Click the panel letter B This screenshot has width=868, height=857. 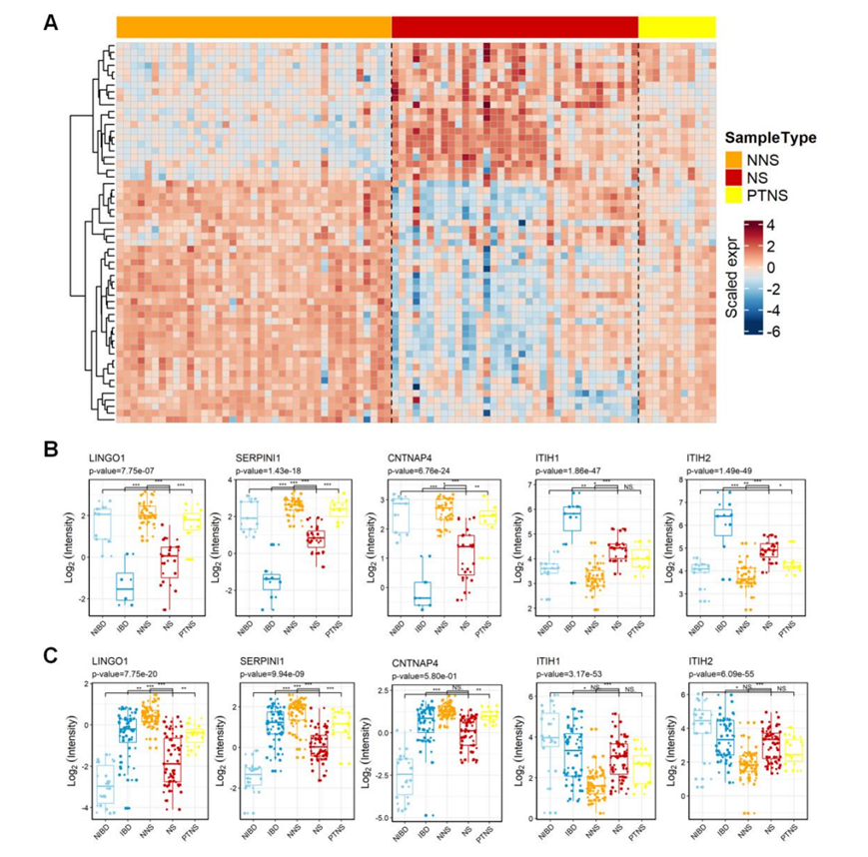50,450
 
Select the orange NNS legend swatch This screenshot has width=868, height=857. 736,161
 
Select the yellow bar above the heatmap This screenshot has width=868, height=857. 677,27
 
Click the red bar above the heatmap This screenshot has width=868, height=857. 514,27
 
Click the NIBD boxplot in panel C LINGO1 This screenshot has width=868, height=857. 103,790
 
